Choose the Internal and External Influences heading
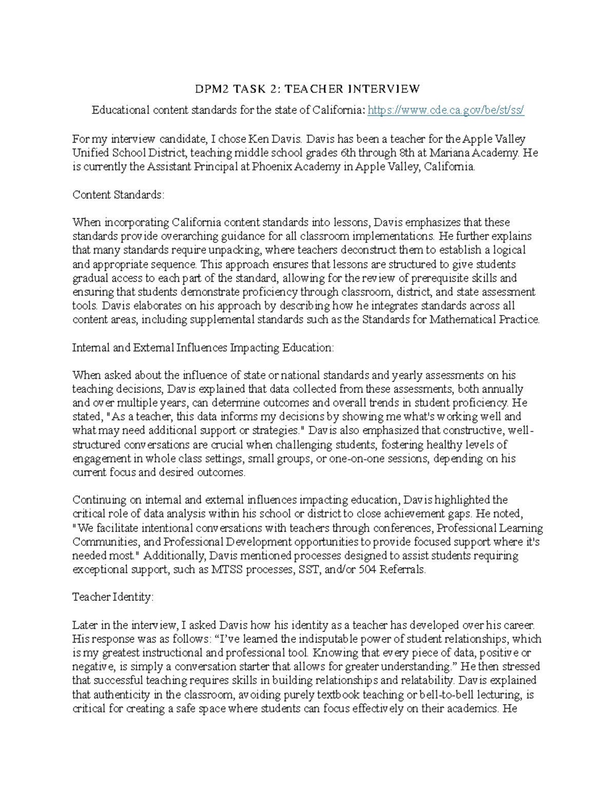(x=203, y=347)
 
